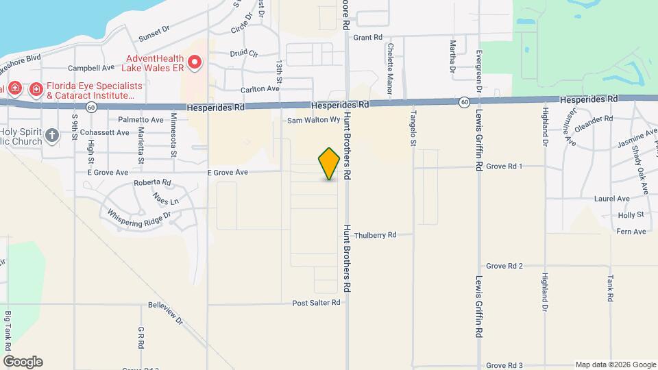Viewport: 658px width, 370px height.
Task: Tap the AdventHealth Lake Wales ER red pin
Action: click(195, 63)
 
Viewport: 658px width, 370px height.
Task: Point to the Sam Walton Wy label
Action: click(313, 120)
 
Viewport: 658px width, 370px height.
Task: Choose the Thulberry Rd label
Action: click(375, 235)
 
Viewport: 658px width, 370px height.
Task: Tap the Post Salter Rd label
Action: click(316, 303)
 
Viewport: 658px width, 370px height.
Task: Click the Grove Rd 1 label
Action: click(504, 166)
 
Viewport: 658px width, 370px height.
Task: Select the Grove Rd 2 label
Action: click(504, 266)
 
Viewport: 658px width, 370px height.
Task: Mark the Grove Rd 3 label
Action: click(504, 366)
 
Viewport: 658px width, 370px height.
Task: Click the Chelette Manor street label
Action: click(390, 59)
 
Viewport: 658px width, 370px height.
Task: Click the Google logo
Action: click(23, 362)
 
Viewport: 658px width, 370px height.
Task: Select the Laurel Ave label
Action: click(612, 199)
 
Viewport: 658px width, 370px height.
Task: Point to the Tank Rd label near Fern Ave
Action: click(609, 288)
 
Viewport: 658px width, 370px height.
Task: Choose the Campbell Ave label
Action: click(91, 69)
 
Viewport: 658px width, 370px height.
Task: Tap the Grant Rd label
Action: click(368, 38)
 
